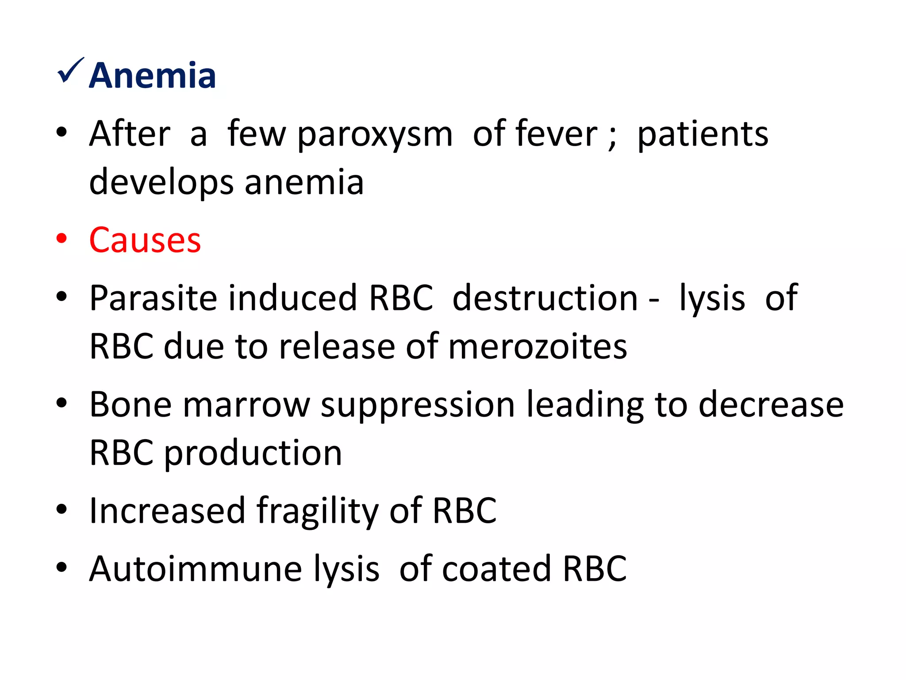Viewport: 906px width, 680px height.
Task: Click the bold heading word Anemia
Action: point(152,76)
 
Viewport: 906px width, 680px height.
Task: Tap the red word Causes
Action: point(145,240)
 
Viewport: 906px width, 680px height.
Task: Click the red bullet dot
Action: point(61,238)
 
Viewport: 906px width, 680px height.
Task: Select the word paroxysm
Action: point(375,135)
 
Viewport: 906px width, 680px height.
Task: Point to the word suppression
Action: point(418,406)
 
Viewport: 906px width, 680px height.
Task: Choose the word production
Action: point(253,453)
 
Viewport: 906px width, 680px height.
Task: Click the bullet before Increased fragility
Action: point(61,510)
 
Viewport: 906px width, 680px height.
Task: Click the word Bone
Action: point(130,405)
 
